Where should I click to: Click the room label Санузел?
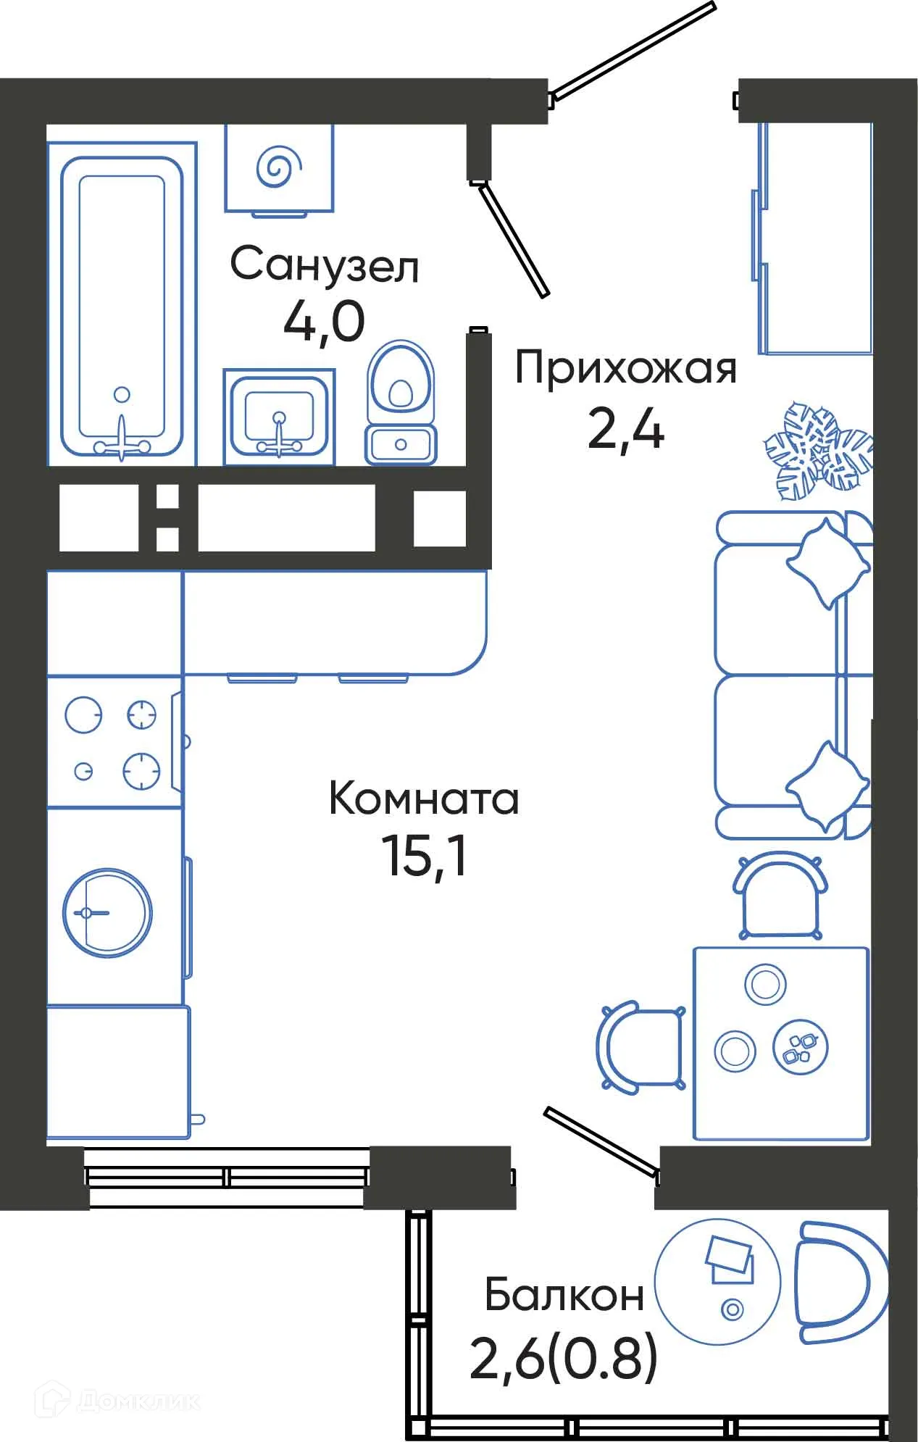(324, 266)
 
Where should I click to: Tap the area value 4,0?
(323, 322)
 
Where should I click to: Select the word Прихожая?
(625, 369)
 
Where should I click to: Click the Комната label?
(424, 799)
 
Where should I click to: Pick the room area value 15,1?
(424, 857)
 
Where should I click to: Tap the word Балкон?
(564, 1295)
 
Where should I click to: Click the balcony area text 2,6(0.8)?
(564, 1359)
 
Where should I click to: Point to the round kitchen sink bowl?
(107, 913)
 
